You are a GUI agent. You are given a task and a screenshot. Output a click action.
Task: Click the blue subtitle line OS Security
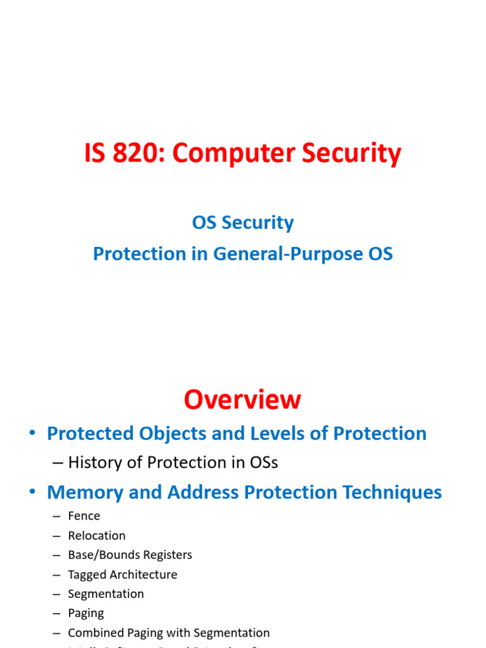click(243, 223)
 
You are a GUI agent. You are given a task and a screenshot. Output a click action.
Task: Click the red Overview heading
click(242, 400)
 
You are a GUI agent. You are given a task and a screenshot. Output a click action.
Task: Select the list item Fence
click(84, 516)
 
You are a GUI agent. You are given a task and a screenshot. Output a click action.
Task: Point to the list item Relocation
click(97, 536)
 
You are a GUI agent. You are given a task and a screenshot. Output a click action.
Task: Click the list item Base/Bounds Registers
click(130, 555)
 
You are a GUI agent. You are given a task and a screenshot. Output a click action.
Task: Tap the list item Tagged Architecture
click(122, 575)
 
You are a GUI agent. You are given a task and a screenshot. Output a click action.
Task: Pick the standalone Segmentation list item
click(106, 594)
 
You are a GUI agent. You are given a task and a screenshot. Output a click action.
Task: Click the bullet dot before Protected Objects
click(32, 435)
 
